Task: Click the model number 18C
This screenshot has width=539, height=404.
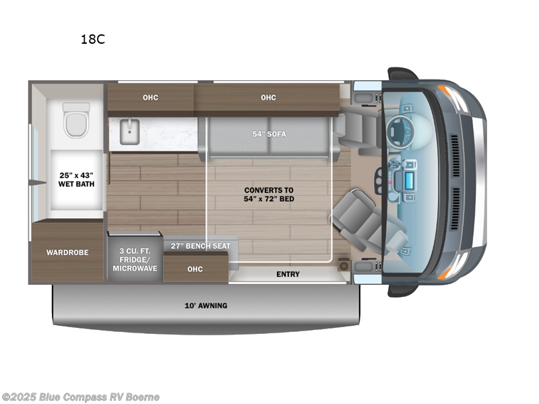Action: [93, 39]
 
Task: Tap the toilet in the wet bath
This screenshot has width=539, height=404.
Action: [76, 120]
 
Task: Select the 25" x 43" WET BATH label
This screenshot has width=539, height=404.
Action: [74, 180]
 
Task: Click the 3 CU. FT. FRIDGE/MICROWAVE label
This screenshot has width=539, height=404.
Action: [135, 259]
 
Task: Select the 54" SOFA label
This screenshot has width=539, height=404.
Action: [269, 134]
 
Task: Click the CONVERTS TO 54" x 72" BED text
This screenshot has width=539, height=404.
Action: [269, 194]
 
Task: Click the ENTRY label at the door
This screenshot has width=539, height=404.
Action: [288, 275]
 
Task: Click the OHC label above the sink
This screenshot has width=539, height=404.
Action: [150, 98]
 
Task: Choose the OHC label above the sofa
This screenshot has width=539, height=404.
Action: [268, 98]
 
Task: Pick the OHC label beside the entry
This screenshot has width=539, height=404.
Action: [195, 269]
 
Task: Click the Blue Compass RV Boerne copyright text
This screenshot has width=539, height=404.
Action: [81, 397]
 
